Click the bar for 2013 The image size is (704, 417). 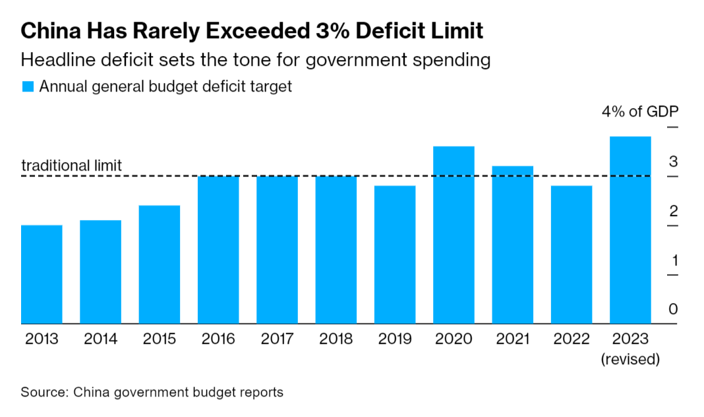[x=42, y=275]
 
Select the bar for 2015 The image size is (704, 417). [x=160, y=265]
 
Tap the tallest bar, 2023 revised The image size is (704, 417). [x=630, y=231]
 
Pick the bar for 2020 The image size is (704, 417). [x=454, y=235]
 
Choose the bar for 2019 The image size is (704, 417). [x=395, y=255]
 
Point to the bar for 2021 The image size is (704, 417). [x=513, y=245]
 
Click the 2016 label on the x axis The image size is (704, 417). [x=218, y=339]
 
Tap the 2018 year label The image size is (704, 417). [x=336, y=339]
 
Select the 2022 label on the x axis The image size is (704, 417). [x=572, y=339]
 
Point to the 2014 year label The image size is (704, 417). [x=101, y=339]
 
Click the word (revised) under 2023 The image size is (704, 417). [x=630, y=360]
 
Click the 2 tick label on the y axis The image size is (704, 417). [x=673, y=211]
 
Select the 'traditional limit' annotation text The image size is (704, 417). [x=71, y=165]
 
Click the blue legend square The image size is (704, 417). [x=28, y=86]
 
